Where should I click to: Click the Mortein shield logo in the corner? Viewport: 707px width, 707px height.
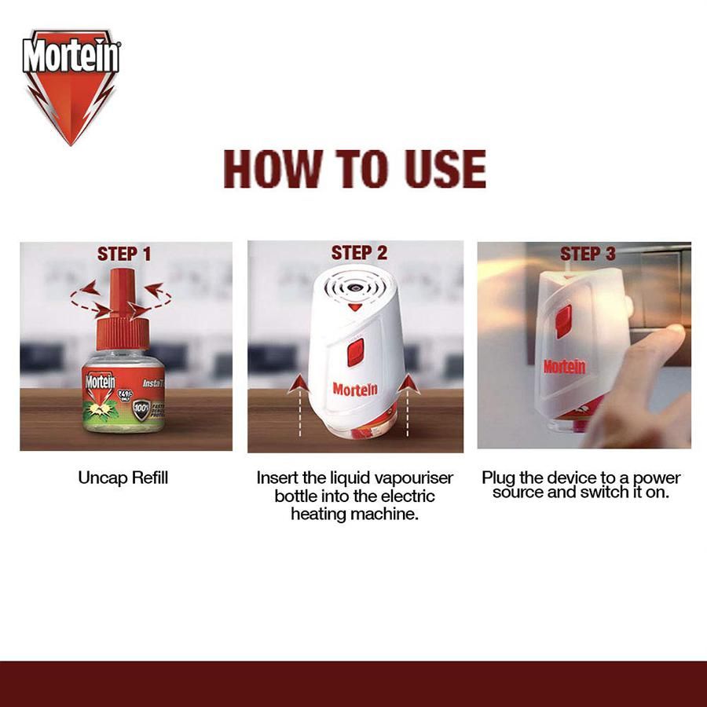tap(71, 85)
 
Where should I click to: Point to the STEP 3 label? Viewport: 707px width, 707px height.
tap(588, 254)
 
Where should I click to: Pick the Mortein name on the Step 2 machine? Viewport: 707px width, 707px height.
tap(354, 389)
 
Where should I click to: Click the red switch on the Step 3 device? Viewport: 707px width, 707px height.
tap(563, 321)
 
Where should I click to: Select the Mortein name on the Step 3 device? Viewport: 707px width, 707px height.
tap(564, 367)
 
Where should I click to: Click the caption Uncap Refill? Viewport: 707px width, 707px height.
tap(123, 478)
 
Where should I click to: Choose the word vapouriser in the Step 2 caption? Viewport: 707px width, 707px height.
tap(413, 478)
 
